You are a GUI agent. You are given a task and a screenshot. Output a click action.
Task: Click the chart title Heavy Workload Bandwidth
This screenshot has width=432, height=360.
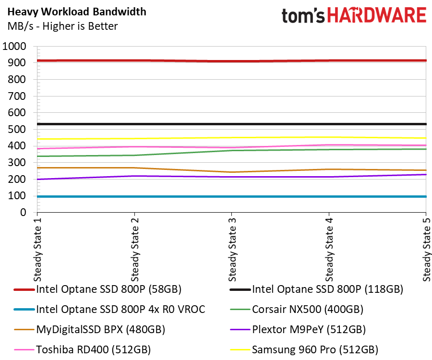click(77, 12)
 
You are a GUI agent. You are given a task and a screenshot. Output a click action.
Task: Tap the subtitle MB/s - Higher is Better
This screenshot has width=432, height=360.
click(62, 26)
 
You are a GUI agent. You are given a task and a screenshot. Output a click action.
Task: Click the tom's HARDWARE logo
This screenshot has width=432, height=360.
click(354, 16)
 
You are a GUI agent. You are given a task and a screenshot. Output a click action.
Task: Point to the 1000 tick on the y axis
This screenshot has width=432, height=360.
click(14, 46)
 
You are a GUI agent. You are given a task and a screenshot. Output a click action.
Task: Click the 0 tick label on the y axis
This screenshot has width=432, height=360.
click(23, 212)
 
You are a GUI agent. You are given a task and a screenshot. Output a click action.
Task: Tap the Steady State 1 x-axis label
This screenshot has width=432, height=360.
click(37, 250)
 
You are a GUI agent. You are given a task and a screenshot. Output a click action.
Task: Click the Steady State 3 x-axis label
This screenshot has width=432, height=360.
click(232, 250)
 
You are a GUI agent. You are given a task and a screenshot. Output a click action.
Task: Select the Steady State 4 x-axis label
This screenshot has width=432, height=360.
click(329, 250)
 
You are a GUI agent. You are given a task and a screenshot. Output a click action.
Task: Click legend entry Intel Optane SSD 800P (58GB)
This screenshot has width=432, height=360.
click(108, 289)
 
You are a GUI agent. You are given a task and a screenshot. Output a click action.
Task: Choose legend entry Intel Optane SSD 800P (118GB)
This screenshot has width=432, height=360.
click(327, 289)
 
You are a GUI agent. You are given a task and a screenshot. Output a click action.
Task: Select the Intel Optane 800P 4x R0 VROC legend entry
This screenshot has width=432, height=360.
click(120, 309)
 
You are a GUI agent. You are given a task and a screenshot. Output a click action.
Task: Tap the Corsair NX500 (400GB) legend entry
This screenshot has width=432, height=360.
click(308, 309)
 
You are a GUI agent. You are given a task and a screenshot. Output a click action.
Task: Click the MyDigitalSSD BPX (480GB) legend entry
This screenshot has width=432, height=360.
click(101, 329)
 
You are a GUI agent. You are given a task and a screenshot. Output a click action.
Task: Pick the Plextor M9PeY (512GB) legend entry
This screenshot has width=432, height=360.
click(309, 329)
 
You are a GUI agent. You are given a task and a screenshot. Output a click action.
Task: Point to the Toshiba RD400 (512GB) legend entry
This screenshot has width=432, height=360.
click(94, 349)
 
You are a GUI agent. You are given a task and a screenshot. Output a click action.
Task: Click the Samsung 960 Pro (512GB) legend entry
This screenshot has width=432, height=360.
click(315, 349)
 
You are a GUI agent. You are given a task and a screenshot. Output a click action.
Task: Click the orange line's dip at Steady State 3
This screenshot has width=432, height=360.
click(232, 172)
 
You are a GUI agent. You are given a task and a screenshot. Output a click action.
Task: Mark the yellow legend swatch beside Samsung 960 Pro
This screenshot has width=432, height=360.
click(240, 350)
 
